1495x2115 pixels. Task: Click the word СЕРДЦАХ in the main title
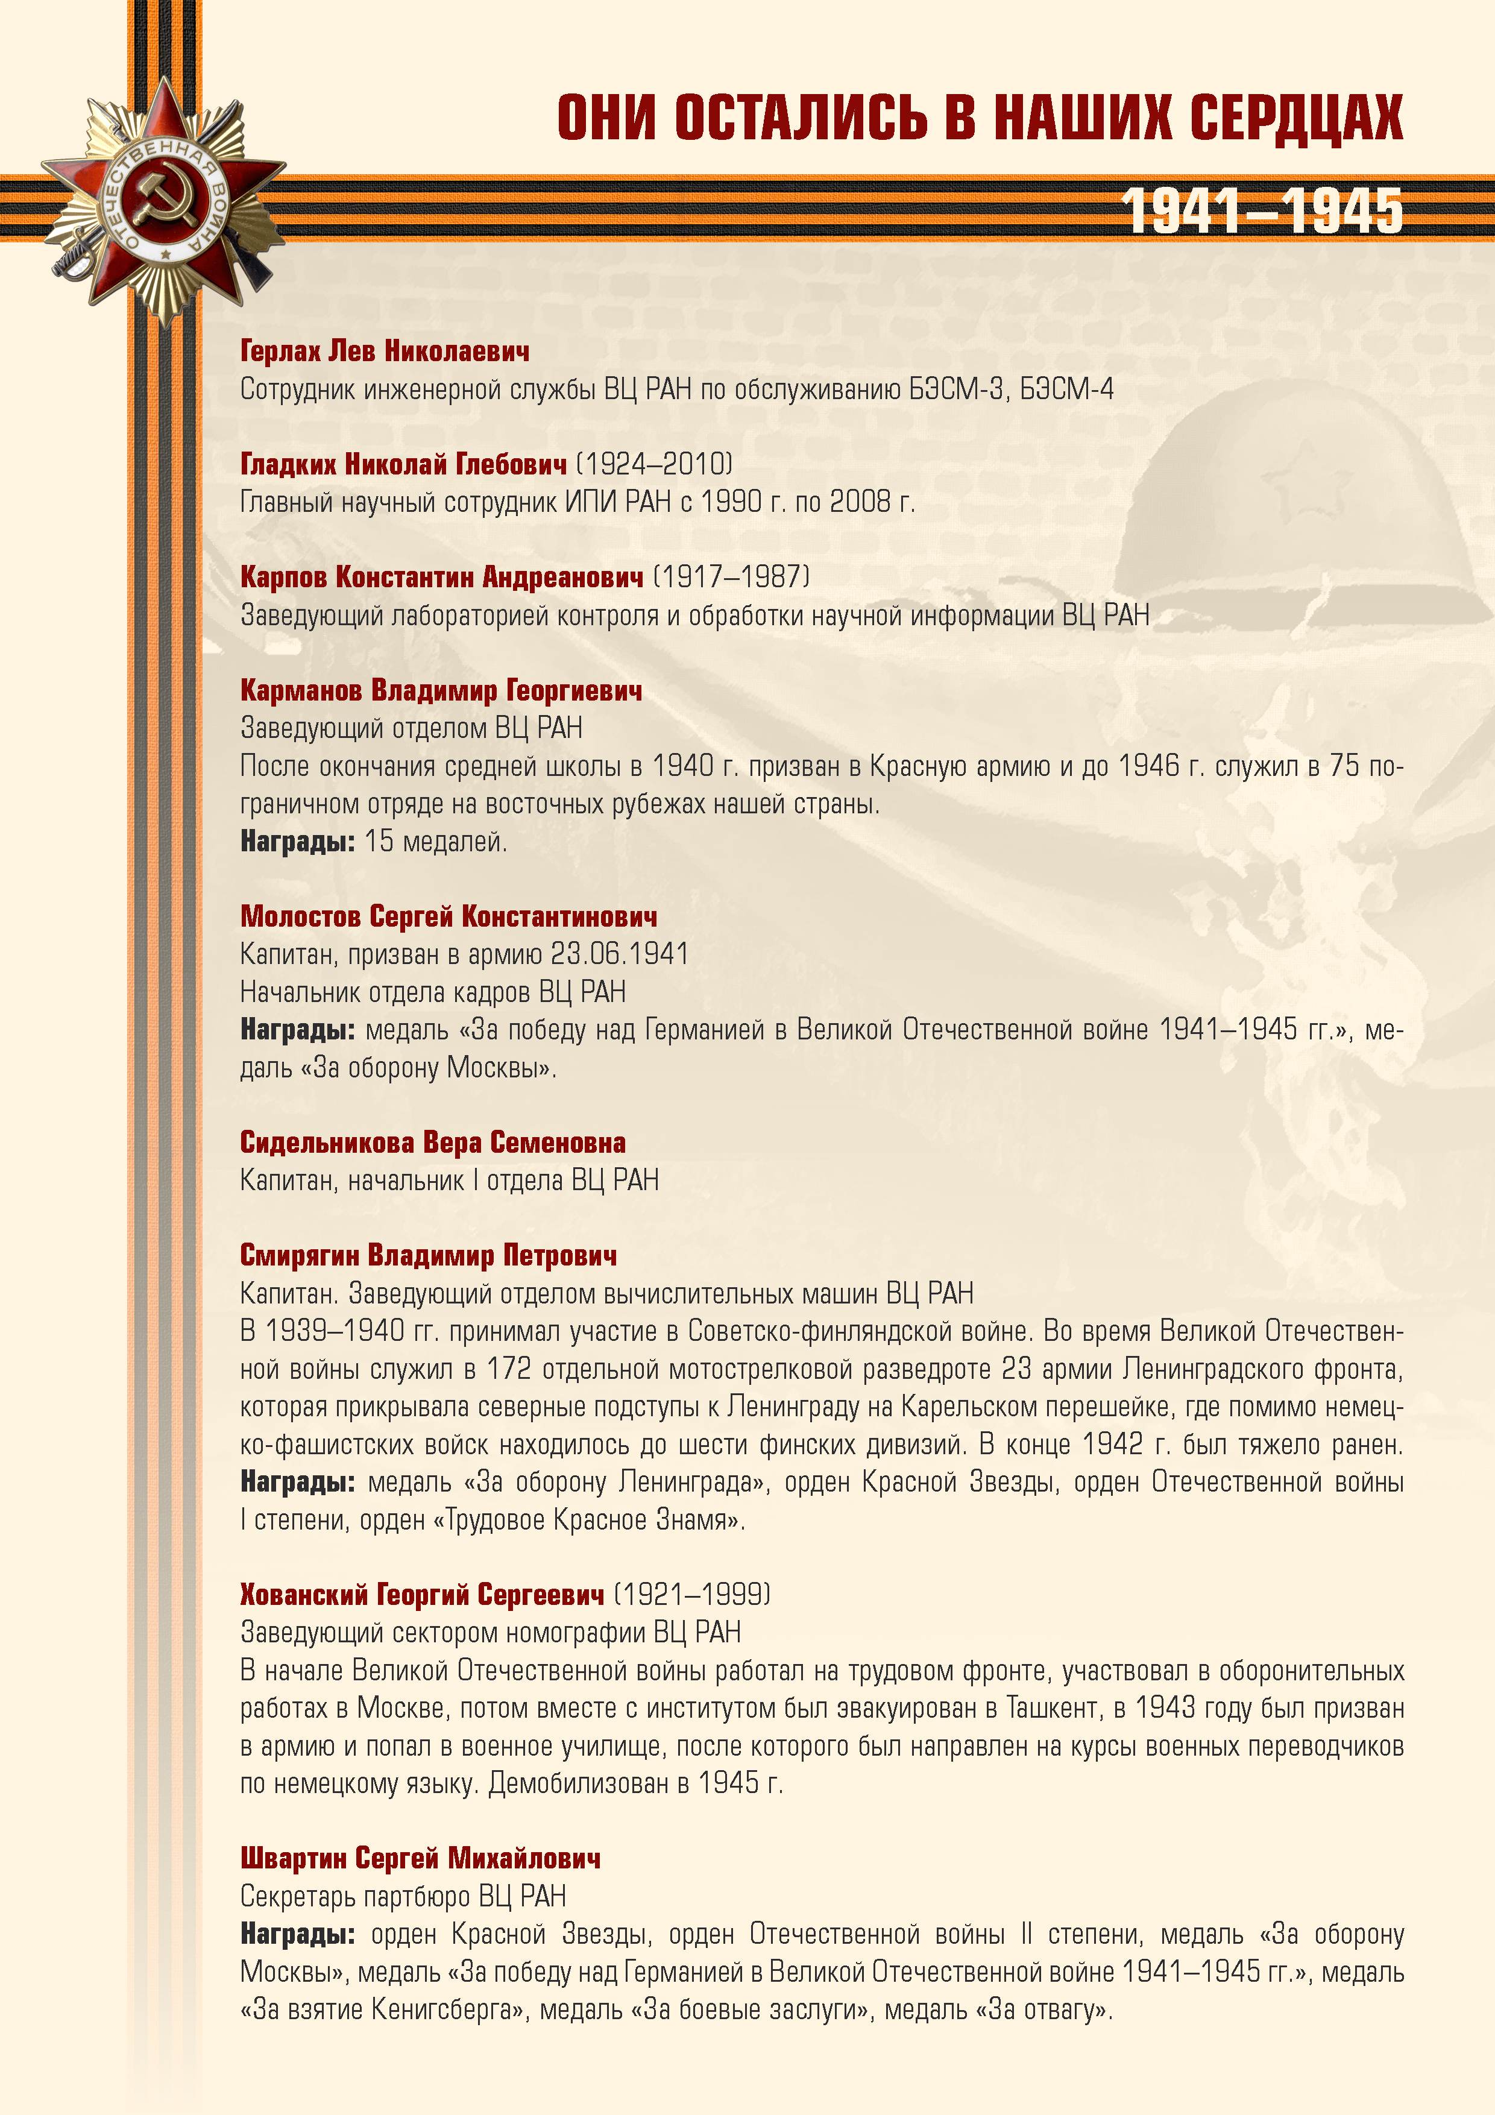point(1296,118)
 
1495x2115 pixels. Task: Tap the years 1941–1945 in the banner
point(1262,211)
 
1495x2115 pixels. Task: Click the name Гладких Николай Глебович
point(403,464)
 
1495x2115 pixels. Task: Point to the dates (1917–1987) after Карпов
point(731,576)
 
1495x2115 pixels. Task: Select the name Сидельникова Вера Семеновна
point(432,1143)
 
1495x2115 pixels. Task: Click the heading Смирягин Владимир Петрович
point(429,1255)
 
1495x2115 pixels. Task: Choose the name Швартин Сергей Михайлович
point(420,1859)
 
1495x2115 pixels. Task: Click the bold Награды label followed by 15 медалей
point(297,841)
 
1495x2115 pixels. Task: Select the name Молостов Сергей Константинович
point(448,916)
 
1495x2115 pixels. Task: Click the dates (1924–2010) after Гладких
point(654,464)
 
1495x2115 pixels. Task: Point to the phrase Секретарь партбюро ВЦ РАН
point(403,1896)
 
